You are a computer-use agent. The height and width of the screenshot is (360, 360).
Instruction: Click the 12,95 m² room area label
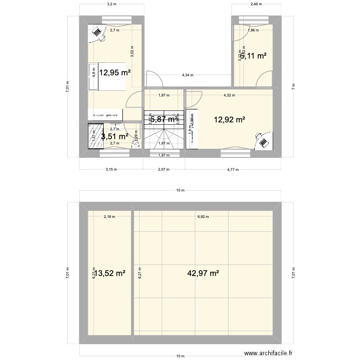(115, 73)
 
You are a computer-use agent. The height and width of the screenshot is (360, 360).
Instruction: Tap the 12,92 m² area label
(229, 120)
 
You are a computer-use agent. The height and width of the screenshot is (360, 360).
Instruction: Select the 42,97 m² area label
(203, 273)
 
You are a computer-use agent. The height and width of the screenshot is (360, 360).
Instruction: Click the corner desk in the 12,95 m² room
(97, 33)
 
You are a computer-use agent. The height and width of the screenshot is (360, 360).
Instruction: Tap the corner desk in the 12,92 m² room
(263, 141)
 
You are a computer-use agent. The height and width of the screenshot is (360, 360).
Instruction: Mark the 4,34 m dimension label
(188, 75)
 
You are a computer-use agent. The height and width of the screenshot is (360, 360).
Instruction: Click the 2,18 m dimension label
(109, 217)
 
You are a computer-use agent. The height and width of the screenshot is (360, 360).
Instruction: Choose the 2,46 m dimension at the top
(256, 4)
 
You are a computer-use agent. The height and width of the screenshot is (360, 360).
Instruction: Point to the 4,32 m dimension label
(229, 95)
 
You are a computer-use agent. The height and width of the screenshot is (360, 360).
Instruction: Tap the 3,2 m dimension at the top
(111, 4)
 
